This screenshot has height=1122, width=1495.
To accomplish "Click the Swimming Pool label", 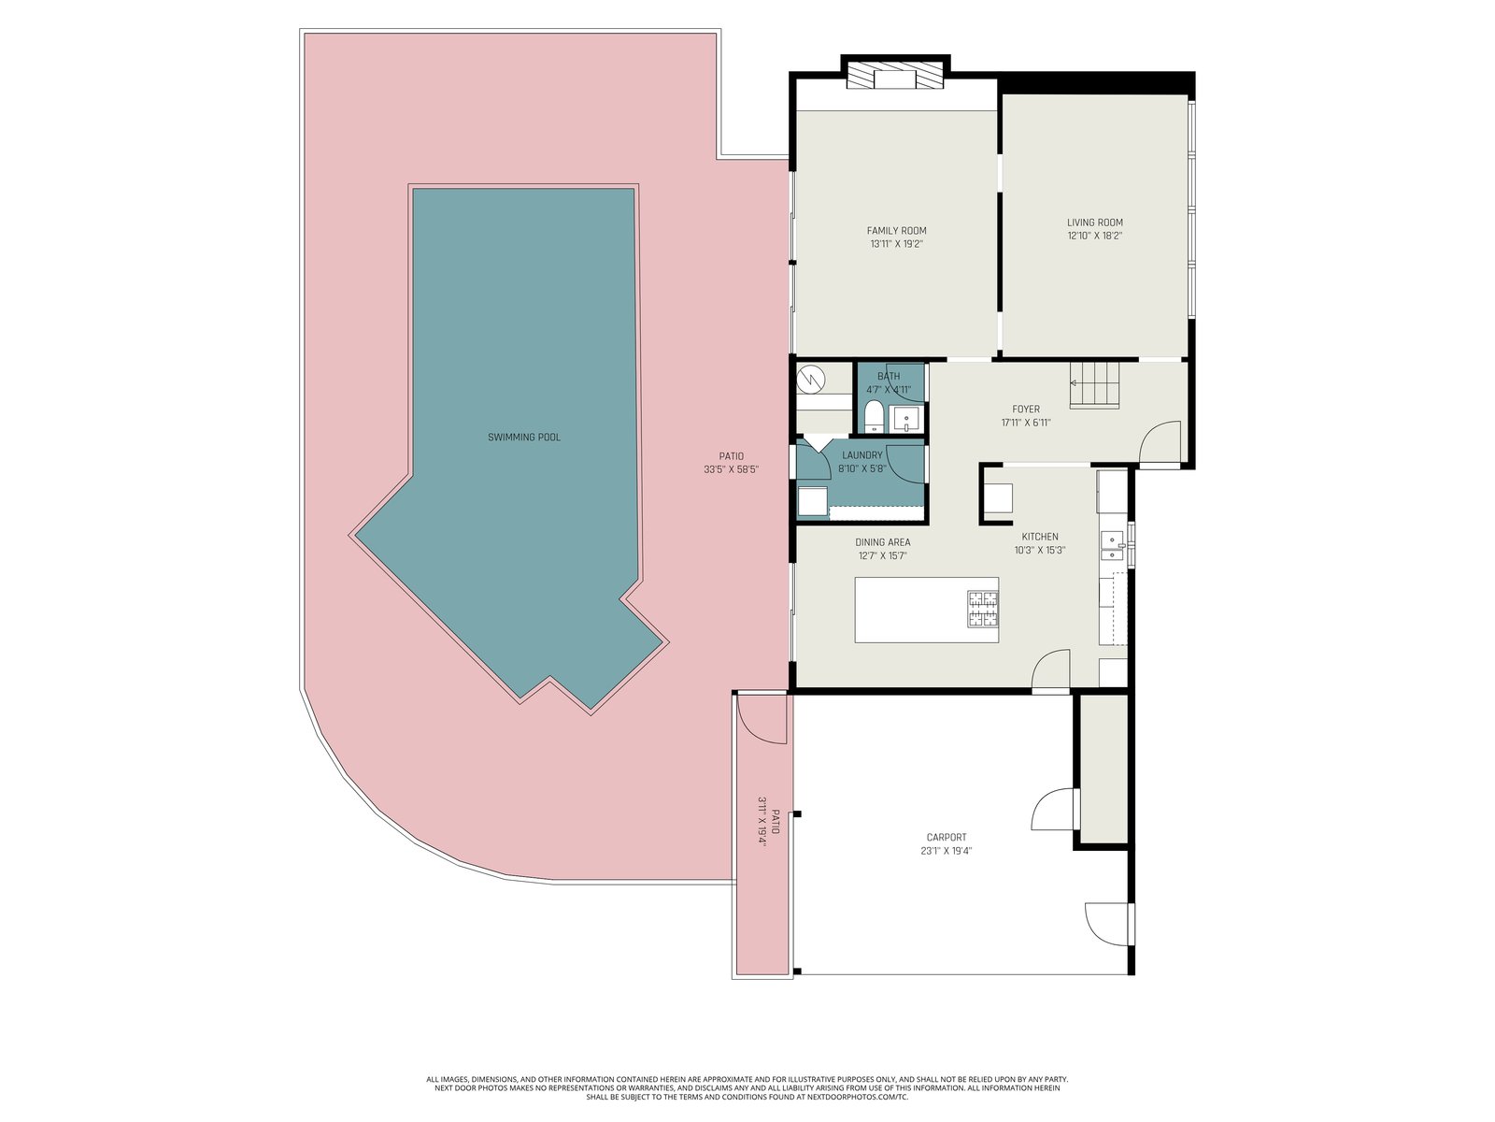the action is tap(524, 438).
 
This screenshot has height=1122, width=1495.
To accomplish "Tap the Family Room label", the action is tap(896, 231).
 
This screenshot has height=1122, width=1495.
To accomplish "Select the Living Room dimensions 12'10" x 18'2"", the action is tap(1094, 236).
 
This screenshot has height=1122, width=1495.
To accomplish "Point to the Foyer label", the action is tap(1026, 410).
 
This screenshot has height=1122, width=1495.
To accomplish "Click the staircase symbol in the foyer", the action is tap(1094, 385).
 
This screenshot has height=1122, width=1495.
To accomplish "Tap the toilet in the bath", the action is tap(873, 417).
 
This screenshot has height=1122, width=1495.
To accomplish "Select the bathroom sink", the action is tap(906, 418).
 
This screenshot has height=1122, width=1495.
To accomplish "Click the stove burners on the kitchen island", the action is tap(983, 609).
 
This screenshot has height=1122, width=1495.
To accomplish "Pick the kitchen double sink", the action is tap(1112, 546).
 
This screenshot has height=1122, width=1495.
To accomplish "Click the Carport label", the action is tap(946, 837).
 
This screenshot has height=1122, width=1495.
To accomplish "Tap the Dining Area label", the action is tap(883, 542).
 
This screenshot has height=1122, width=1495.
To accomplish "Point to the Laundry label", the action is tap(862, 455).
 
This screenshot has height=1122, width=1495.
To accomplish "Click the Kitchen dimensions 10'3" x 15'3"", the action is tap(1039, 550).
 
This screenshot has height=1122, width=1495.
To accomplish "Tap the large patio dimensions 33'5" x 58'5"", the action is tap(731, 469).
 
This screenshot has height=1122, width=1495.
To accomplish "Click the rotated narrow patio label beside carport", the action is tap(769, 822).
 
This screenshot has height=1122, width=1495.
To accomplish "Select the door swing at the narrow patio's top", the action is tap(762, 719).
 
